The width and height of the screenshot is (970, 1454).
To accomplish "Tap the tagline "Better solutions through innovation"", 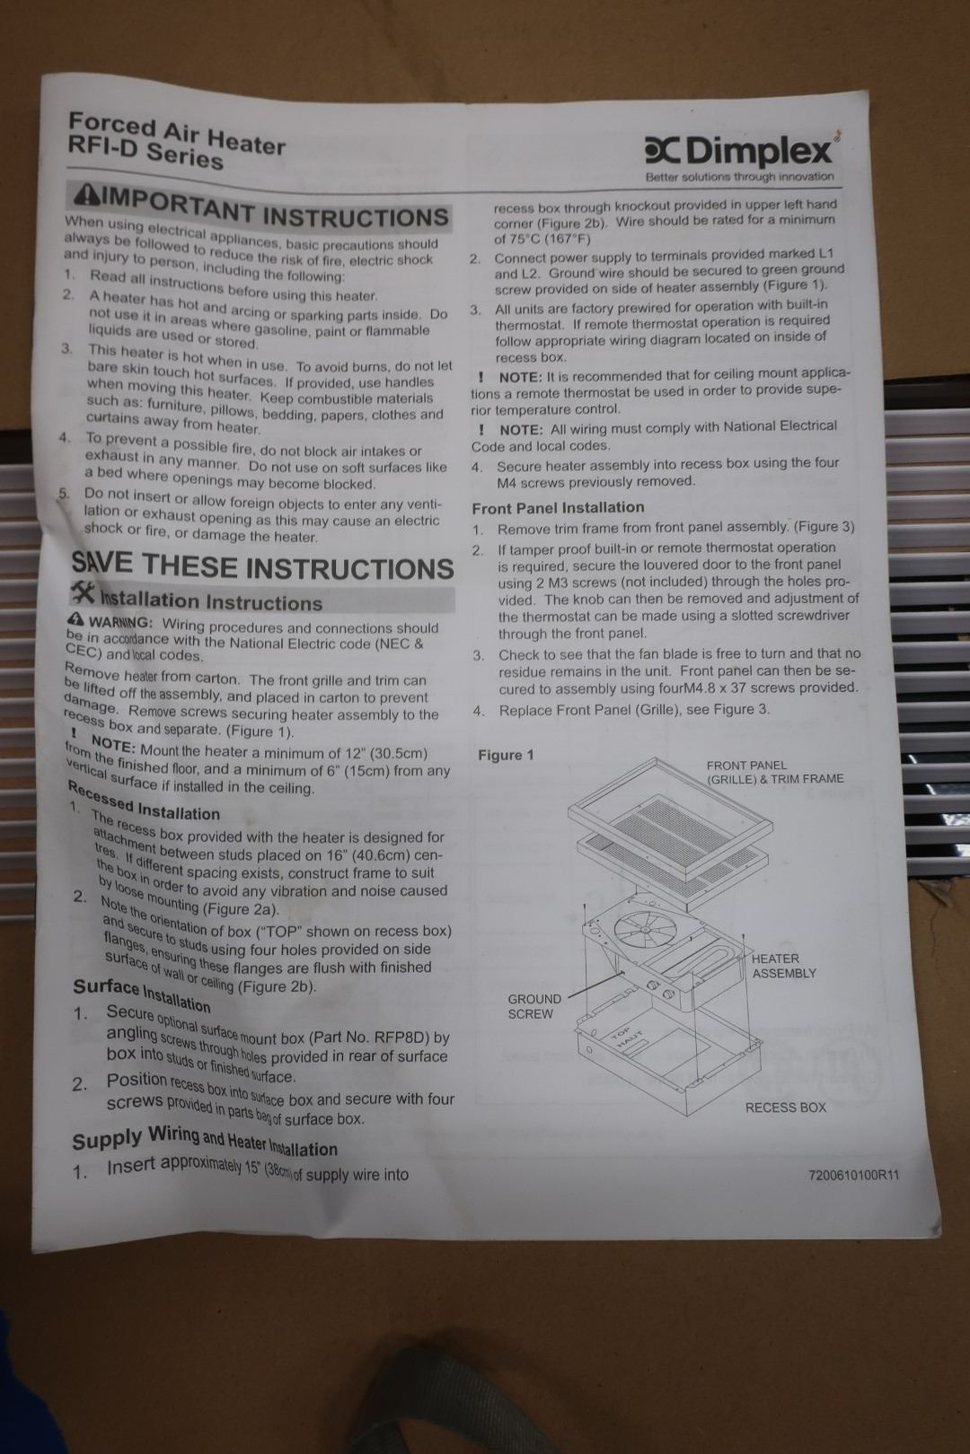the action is pyautogui.click(x=739, y=177).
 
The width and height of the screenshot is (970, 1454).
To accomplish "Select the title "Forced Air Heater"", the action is pyautogui.click(x=177, y=133).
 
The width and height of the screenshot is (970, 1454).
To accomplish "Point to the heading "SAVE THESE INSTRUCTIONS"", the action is pyautogui.click(x=262, y=565).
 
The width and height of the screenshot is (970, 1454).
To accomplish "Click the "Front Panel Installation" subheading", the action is pyautogui.click(x=558, y=508).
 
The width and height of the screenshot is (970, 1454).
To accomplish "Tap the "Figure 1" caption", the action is pyautogui.click(x=506, y=755).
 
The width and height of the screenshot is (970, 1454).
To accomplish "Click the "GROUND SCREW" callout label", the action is pyautogui.click(x=534, y=1006).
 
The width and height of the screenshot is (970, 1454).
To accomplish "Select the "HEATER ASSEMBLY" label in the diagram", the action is pyautogui.click(x=783, y=966).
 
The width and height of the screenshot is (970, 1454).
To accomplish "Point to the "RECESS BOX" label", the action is pyautogui.click(x=786, y=1108).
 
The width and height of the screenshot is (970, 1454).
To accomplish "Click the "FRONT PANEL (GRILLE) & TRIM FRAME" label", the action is pyautogui.click(x=775, y=773).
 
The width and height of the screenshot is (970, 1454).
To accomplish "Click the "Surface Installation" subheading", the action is pyautogui.click(x=142, y=994).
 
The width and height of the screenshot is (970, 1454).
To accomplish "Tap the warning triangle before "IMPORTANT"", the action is pyautogui.click(x=85, y=194).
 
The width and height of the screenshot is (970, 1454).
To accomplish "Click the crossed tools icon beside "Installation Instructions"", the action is pyautogui.click(x=84, y=592).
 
